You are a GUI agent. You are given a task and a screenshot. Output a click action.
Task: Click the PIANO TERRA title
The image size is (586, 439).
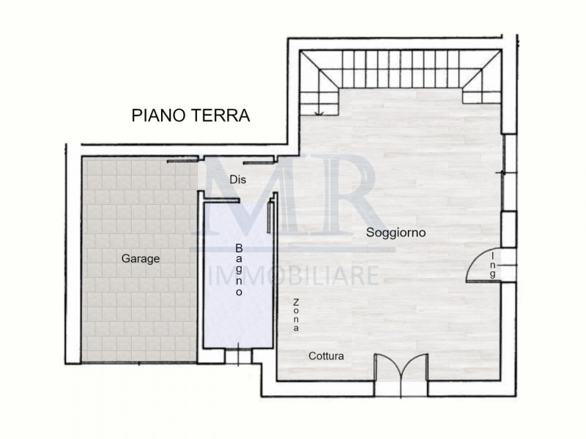click(x=190, y=116)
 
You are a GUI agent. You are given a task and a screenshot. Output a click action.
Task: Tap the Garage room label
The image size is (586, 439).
click(x=140, y=258)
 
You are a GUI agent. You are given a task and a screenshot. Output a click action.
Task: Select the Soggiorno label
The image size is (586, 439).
click(x=396, y=232)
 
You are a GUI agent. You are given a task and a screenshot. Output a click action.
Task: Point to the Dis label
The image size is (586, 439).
click(x=236, y=179)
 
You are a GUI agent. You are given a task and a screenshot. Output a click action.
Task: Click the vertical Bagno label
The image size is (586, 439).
click(x=239, y=270)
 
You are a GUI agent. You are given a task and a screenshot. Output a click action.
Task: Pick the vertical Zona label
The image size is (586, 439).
click(x=296, y=315)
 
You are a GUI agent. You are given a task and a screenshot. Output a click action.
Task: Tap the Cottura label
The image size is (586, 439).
click(x=325, y=356)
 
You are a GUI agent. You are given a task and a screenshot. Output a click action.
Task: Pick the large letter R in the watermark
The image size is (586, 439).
click(x=344, y=198)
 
